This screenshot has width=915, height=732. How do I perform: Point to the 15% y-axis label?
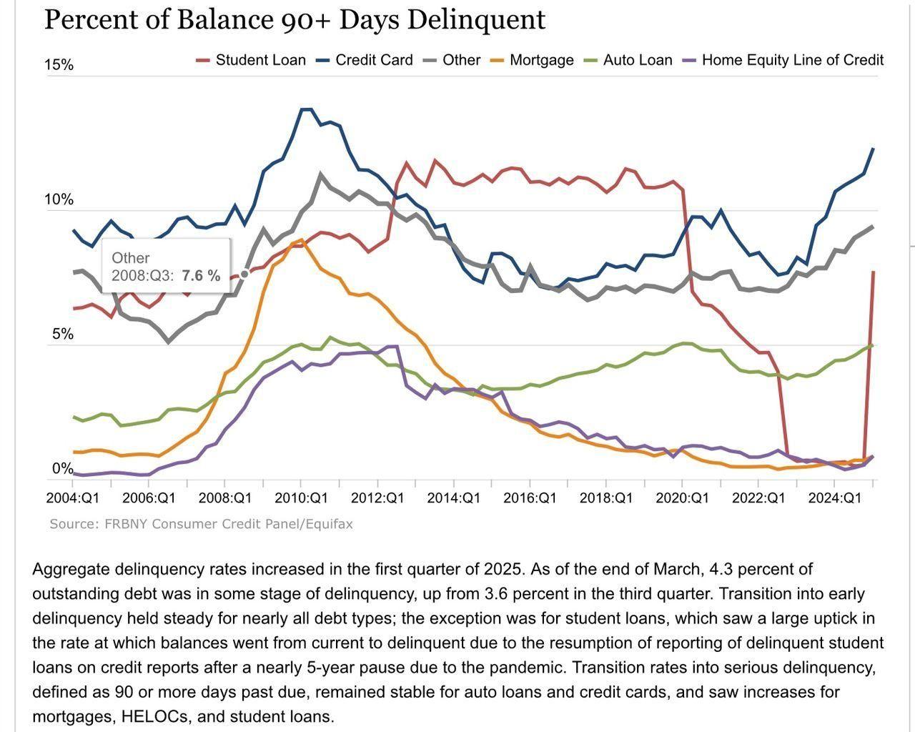(59, 65)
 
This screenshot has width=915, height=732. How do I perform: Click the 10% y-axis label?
(59, 199)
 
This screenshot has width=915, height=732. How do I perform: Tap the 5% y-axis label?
(62, 334)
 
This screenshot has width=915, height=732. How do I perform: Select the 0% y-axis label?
(62, 468)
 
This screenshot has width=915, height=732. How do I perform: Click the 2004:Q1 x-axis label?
(73, 498)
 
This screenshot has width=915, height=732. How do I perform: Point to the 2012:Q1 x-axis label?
(377, 498)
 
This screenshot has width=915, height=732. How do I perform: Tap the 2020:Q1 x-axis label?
(682, 498)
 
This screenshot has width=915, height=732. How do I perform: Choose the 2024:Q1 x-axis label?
(835, 498)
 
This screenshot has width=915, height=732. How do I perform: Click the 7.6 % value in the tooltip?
(201, 276)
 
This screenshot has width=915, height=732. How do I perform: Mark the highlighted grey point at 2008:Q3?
(244, 274)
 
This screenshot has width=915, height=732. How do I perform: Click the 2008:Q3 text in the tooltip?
(142, 276)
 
